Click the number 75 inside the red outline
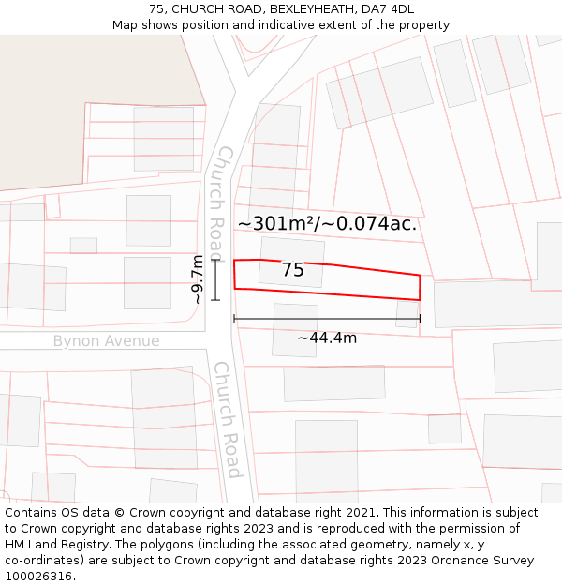tap(292, 270)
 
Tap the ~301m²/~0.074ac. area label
tap(327, 223)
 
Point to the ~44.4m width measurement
tap(327, 338)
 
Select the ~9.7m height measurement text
tap(198, 279)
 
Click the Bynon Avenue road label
tap(106, 341)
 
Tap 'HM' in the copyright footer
tap(16, 545)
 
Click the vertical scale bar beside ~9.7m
tap(215, 279)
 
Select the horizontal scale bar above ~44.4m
tap(327, 319)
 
